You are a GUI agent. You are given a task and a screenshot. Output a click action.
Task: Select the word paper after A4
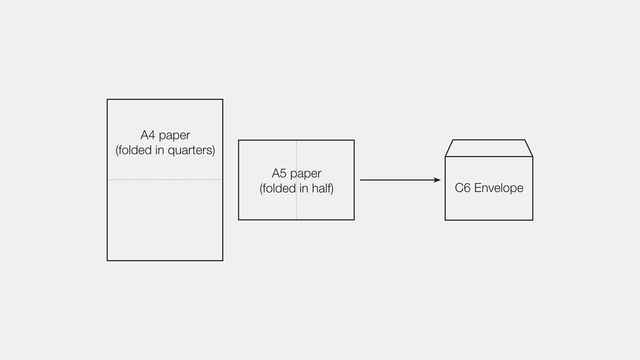[176, 136]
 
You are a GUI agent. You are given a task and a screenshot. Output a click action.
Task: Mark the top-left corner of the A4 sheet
[107, 100]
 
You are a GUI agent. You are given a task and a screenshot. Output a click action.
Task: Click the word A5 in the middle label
[281, 174]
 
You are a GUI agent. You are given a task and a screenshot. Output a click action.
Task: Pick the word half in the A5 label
[319, 189]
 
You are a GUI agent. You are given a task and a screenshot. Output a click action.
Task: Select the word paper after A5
[306, 175]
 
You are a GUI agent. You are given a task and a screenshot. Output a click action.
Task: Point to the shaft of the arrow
[395, 181]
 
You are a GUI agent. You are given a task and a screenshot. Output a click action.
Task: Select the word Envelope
[500, 189]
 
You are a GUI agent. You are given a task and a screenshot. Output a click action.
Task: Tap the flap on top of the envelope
[489, 149]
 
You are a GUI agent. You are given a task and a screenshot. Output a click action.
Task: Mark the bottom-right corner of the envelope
[533, 220]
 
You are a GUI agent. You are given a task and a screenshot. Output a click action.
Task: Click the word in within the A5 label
[303, 189]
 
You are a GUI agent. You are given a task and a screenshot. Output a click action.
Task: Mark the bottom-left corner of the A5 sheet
[238, 220]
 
